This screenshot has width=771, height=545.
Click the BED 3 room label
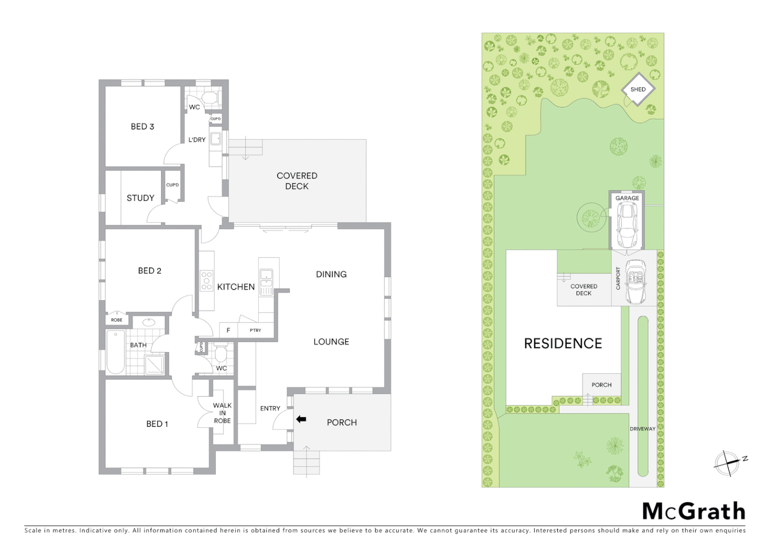tap(142, 127)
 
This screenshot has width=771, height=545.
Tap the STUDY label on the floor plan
tap(140, 198)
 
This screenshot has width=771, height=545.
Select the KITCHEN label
tap(236, 287)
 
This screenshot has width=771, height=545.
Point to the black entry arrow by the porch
tap(301, 419)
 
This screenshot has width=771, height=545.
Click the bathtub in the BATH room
tap(116, 352)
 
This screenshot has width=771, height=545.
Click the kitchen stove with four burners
tap(206, 281)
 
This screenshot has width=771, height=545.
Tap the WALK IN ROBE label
tap(222, 413)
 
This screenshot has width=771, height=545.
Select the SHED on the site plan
tap(638, 89)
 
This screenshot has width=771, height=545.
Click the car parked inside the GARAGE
tap(627, 225)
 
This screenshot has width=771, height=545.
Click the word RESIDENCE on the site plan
tap(563, 344)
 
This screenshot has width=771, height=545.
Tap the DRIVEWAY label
tap(642, 429)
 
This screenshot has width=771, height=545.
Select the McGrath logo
tap(693, 511)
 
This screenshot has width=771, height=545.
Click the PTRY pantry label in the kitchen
tap(255, 330)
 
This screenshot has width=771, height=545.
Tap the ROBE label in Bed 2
tap(117, 320)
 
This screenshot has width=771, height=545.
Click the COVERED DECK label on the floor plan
tap(297, 181)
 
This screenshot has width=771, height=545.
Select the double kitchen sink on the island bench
tap(265, 276)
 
